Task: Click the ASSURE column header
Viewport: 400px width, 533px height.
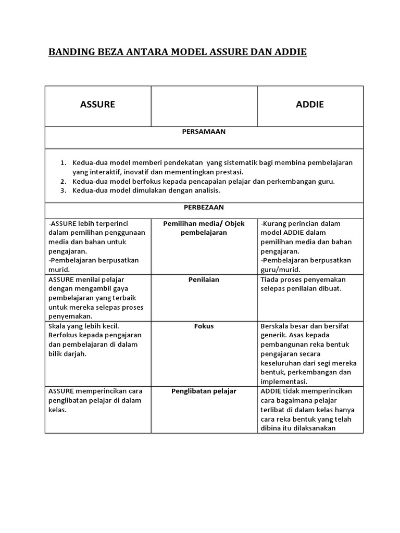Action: tap(97, 105)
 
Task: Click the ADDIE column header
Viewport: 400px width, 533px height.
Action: tap(309, 105)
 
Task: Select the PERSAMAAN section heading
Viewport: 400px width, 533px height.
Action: tap(204, 132)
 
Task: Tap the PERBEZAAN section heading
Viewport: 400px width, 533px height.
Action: tap(204, 207)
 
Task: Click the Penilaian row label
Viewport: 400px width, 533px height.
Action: tap(204, 280)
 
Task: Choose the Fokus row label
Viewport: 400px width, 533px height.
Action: tap(204, 326)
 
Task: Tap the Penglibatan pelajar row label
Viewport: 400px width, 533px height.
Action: tap(204, 391)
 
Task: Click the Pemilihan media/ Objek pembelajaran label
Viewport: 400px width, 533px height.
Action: tap(204, 228)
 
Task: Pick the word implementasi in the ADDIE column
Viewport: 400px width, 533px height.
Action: tap(284, 382)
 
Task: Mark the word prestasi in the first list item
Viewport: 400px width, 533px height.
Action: tap(229, 172)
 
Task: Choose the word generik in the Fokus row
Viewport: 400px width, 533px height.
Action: tap(273, 335)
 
